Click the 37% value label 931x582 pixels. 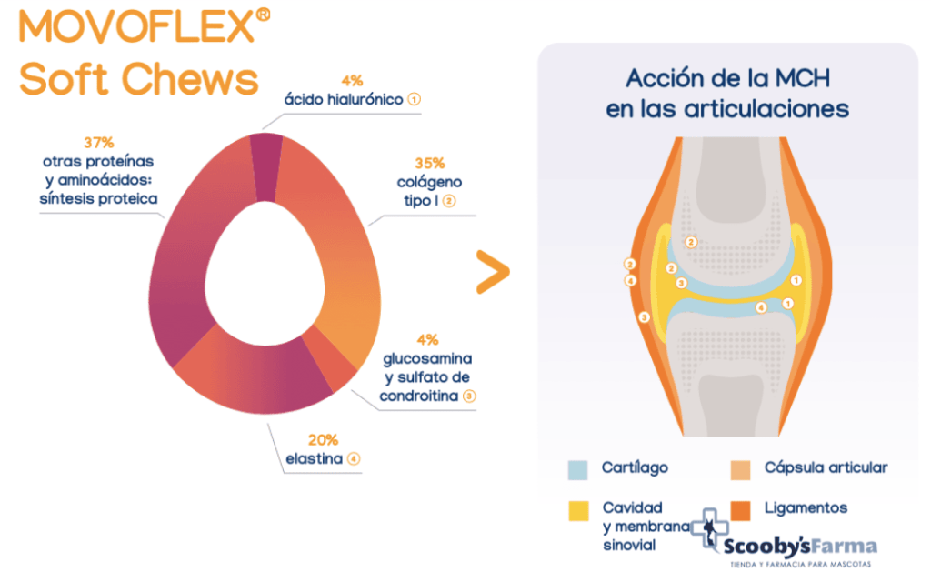[x=98, y=143]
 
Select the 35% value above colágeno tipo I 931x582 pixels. [x=430, y=163]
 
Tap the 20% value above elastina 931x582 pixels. [x=323, y=440]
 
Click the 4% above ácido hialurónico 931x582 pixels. [x=352, y=81]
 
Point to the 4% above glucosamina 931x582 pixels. [x=427, y=340]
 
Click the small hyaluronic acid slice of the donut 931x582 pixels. [x=265, y=167]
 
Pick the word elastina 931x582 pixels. [x=314, y=458]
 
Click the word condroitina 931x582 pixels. [x=418, y=396]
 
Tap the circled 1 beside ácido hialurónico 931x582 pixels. [x=415, y=99]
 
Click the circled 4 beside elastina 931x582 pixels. [x=354, y=458]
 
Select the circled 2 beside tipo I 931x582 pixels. [x=449, y=201]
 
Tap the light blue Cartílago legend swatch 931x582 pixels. [x=577, y=470]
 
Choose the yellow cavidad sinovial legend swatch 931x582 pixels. [x=578, y=511]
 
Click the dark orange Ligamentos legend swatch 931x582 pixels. [x=740, y=511]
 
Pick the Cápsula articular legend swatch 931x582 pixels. [x=740, y=470]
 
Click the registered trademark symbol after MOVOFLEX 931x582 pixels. [x=263, y=15]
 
